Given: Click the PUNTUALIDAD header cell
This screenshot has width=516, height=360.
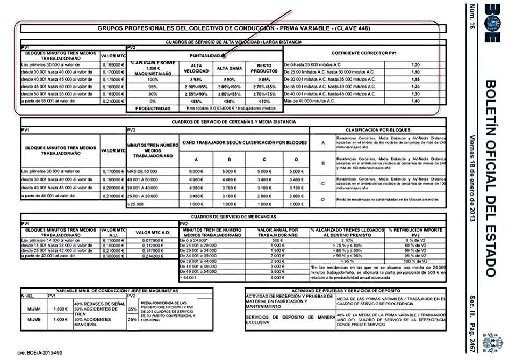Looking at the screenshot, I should point(204,56).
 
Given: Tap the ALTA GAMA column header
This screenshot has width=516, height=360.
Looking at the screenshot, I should point(230,68).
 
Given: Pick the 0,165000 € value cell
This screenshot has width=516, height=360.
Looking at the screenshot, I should point(113,64).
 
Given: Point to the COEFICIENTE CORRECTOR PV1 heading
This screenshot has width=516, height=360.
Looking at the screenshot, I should point(364,53).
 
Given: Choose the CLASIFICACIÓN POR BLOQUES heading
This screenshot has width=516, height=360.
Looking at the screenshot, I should point(378,130).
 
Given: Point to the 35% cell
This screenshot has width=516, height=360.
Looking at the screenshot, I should point(132,309).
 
